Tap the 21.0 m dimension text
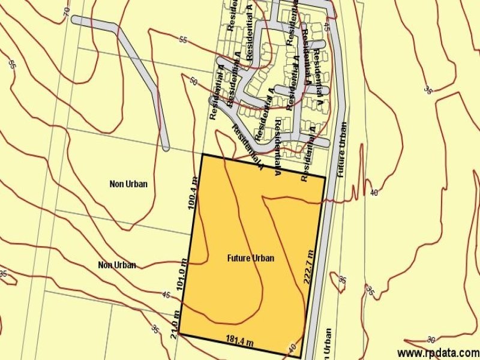click(175, 325)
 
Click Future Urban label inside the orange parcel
click(250, 259)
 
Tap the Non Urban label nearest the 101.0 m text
click(116, 265)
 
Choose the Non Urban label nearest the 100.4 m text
click(128, 184)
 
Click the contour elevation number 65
click(12, 64)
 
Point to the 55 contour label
click(184, 40)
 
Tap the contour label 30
click(431, 340)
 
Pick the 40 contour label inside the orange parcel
click(292, 347)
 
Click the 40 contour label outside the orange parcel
click(374, 193)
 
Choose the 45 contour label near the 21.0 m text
click(166, 295)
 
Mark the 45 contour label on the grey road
click(326, 26)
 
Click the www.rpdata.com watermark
click(438, 353)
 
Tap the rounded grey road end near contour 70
click(76, 20)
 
